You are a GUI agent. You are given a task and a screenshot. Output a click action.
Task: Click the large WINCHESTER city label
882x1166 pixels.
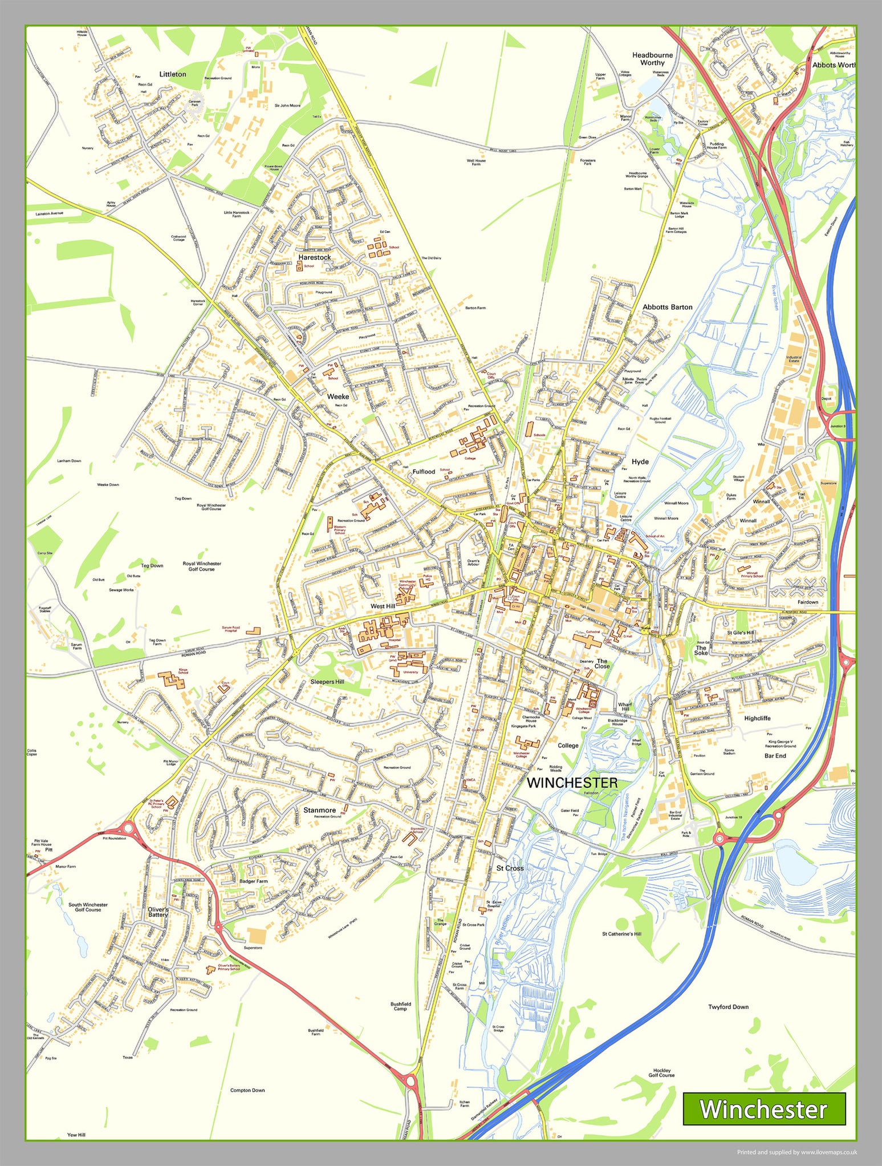pyautogui.click(x=572, y=783)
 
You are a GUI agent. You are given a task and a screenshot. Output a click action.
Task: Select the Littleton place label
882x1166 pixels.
pyautogui.click(x=173, y=74)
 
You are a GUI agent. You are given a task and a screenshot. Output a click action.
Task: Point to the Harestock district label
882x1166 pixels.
pyautogui.click(x=315, y=257)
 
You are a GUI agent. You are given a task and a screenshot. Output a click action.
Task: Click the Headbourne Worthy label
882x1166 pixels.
pyautogui.click(x=652, y=59)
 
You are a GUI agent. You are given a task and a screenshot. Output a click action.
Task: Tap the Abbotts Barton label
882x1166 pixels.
pyautogui.click(x=667, y=307)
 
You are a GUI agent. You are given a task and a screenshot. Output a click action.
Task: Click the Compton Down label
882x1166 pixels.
pyautogui.click(x=247, y=1090)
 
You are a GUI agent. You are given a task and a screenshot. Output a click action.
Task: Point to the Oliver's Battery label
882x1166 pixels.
pyautogui.click(x=158, y=912)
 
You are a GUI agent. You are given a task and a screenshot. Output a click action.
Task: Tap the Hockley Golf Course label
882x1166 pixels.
pyautogui.click(x=661, y=1073)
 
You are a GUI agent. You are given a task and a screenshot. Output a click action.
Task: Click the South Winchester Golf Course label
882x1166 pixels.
pyautogui.click(x=88, y=907)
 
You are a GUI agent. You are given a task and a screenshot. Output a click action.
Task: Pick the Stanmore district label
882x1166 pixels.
pyautogui.click(x=319, y=810)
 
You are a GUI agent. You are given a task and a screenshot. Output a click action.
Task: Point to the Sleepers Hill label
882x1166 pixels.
pyautogui.click(x=327, y=682)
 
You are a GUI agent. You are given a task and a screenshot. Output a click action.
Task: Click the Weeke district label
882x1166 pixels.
pyautogui.click(x=338, y=396)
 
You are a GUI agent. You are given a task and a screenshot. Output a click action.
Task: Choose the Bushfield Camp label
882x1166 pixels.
pyautogui.click(x=400, y=1006)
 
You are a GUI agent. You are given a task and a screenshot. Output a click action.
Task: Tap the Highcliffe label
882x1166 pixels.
pyautogui.click(x=757, y=718)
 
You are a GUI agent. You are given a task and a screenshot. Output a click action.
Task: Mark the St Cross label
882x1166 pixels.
pyautogui.click(x=509, y=868)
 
